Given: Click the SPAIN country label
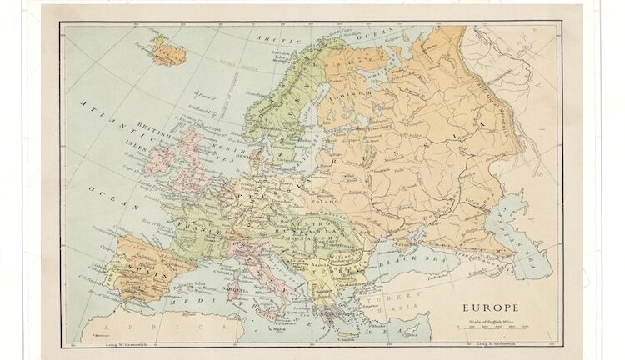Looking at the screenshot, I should (145, 271).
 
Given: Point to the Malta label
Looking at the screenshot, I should (277, 331).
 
